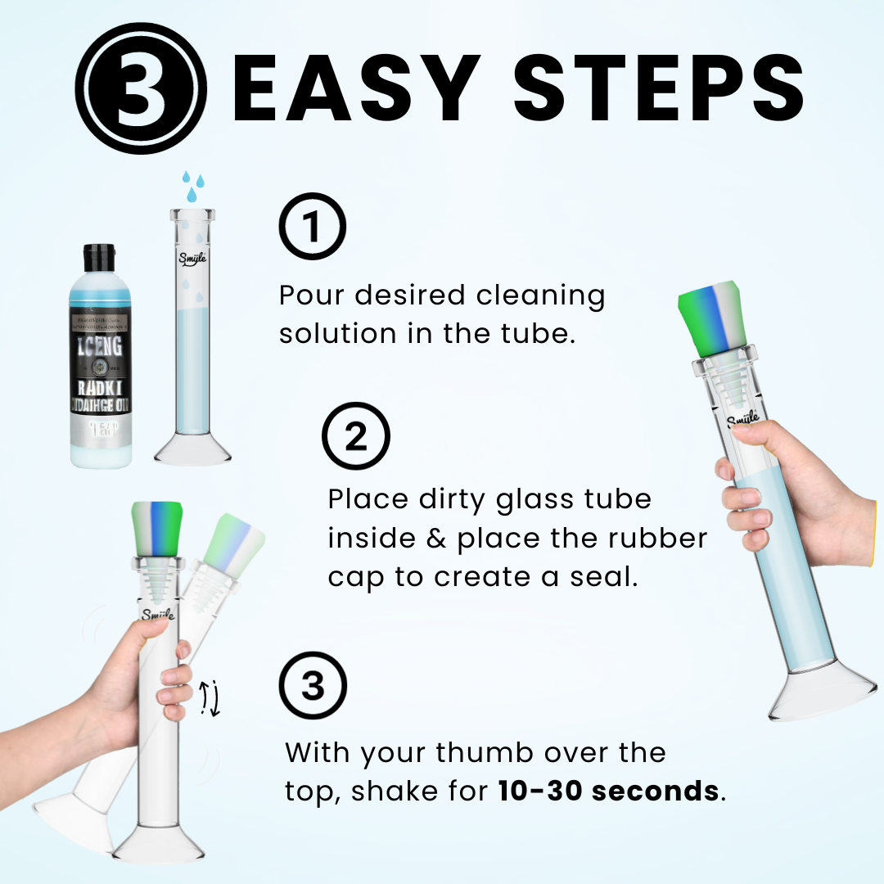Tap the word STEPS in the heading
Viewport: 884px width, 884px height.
[x=655, y=90]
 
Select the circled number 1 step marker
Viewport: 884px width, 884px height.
[x=313, y=227]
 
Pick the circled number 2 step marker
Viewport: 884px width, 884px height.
[x=356, y=438]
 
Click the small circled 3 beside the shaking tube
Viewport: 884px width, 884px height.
[x=313, y=686]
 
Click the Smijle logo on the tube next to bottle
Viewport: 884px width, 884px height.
[x=193, y=259]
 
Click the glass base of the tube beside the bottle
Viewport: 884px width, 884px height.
[x=193, y=449]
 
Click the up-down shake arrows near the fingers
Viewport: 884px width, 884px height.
[x=210, y=697]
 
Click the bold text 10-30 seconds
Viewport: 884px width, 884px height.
[x=610, y=791]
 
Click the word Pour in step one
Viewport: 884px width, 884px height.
[x=314, y=295]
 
